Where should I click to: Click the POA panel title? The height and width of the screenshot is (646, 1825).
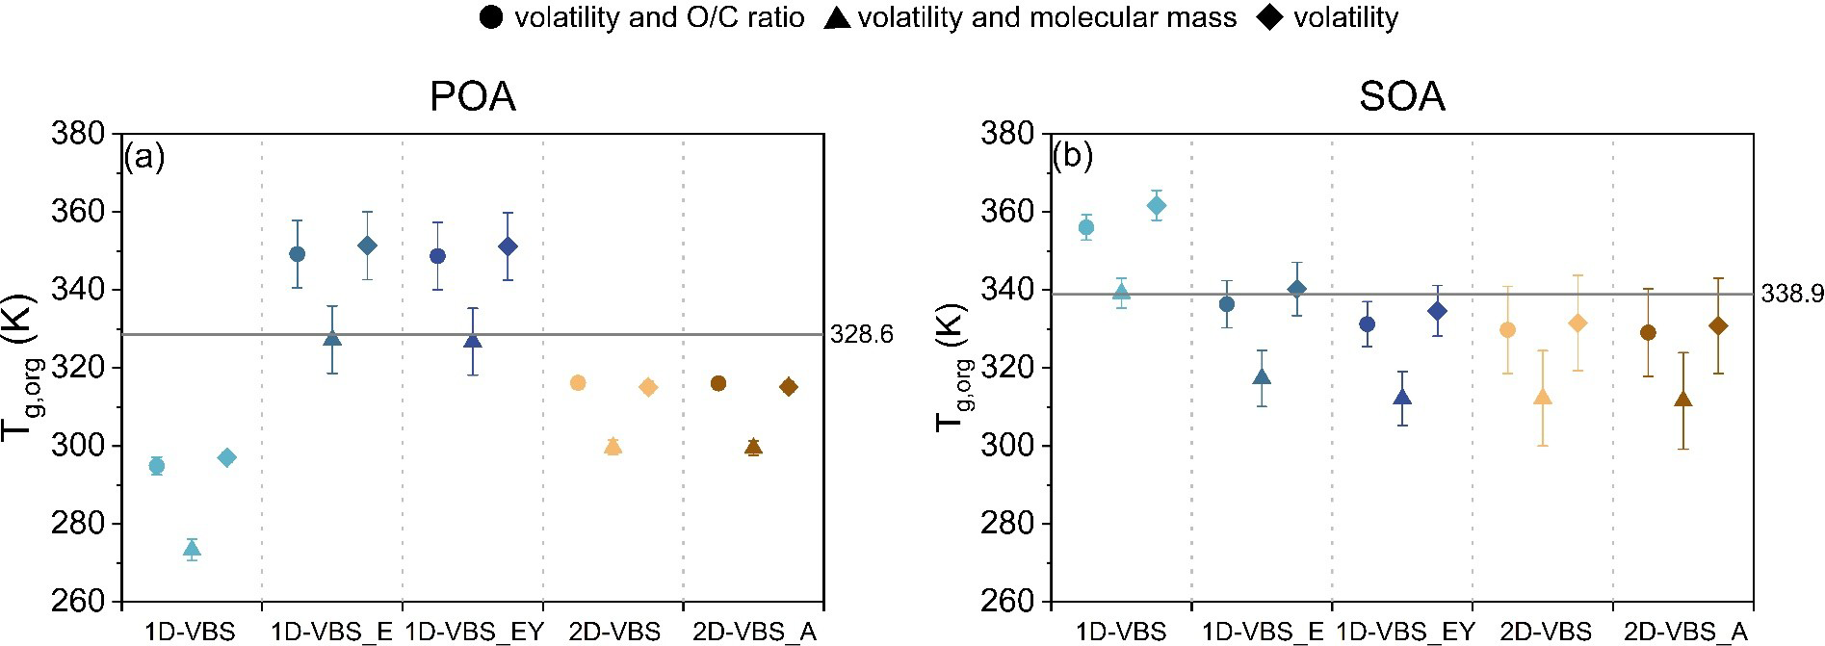pyautogui.click(x=472, y=97)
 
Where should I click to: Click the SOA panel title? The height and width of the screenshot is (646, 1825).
pyautogui.click(x=1401, y=97)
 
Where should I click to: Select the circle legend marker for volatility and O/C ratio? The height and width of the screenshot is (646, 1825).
pyautogui.click(x=491, y=17)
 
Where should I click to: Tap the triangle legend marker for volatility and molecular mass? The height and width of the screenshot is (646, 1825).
pyautogui.click(x=837, y=17)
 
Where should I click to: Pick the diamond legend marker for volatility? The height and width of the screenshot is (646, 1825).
pyautogui.click(x=1271, y=17)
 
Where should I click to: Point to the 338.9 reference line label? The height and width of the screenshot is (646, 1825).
pyautogui.click(x=1792, y=295)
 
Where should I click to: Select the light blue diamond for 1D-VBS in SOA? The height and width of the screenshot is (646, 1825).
pyautogui.click(x=1157, y=205)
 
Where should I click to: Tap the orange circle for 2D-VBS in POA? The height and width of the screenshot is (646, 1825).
pyautogui.click(x=578, y=383)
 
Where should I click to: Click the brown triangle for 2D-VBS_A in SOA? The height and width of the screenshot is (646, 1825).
pyautogui.click(x=1683, y=400)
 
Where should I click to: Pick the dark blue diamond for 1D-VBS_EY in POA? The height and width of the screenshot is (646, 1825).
pyautogui.click(x=508, y=246)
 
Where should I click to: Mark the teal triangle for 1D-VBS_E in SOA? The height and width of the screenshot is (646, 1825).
pyautogui.click(x=1262, y=376)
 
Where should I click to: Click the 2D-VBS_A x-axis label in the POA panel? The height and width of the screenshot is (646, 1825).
pyautogui.click(x=755, y=632)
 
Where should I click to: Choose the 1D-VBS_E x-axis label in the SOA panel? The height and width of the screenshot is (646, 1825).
pyautogui.click(x=1264, y=632)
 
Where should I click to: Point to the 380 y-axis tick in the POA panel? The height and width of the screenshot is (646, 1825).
pyautogui.click(x=81, y=134)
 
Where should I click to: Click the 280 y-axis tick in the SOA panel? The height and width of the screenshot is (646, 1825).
pyautogui.click(x=1011, y=524)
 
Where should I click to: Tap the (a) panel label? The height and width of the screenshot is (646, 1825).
pyautogui.click(x=144, y=156)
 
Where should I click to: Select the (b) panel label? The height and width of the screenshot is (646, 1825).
pyautogui.click(x=1073, y=156)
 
